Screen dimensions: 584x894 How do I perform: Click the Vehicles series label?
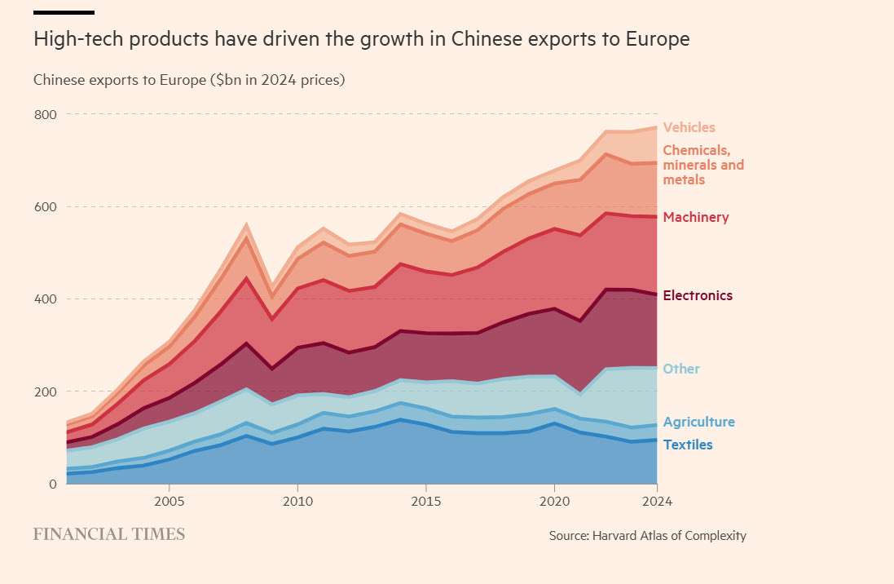tap(689, 127)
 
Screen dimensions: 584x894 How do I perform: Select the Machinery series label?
tap(695, 217)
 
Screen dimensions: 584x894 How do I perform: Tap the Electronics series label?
tap(698, 295)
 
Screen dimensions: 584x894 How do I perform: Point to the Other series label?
tap(681, 369)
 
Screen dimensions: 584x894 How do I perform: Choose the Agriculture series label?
tap(698, 422)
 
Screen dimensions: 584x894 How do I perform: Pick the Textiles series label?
tap(687, 445)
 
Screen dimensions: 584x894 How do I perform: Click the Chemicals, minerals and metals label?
tap(702, 165)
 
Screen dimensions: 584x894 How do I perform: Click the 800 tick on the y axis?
tap(45, 114)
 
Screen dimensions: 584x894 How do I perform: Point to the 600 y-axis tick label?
tap(45, 207)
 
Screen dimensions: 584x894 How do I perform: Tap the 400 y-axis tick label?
tap(45, 299)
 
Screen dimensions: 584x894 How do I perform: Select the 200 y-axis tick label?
tap(45, 392)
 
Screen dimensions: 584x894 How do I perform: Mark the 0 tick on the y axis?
tap(52, 484)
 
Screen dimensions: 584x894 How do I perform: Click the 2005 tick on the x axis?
tap(169, 500)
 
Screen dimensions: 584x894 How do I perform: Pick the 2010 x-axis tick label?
tap(297, 500)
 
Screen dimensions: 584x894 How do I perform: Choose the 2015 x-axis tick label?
tap(425, 500)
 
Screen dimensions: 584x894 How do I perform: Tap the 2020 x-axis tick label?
tap(554, 500)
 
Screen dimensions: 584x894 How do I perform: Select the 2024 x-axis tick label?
tap(657, 500)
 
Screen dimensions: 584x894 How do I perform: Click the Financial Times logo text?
tap(109, 535)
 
